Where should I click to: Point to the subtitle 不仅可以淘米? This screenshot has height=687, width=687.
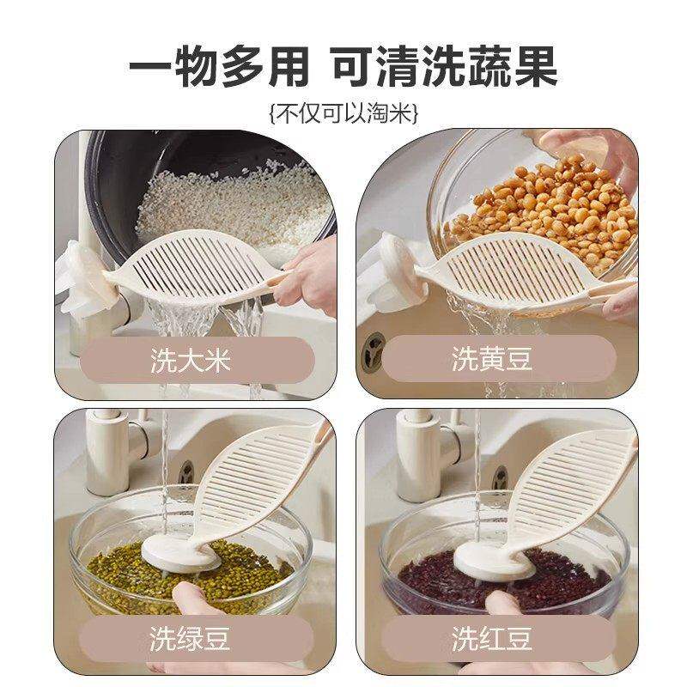(x=343, y=112)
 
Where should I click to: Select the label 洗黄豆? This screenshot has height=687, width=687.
(x=492, y=359)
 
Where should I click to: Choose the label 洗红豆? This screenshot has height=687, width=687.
(x=492, y=640)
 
